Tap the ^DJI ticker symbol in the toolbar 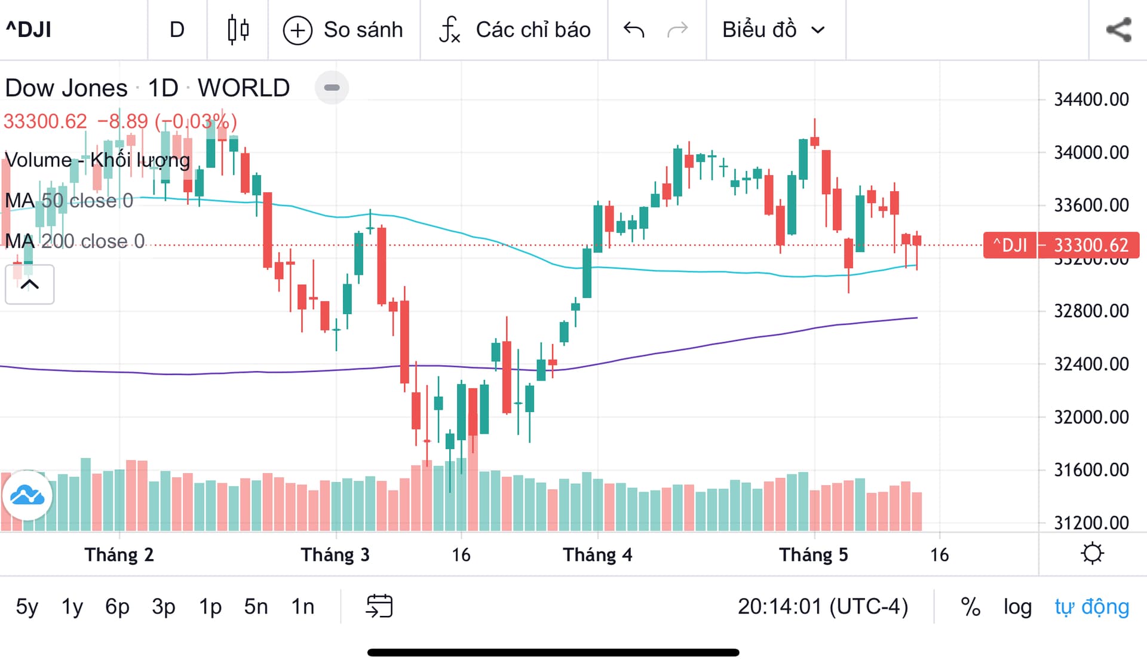(29, 29)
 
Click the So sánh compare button (344, 30)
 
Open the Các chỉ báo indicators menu (514, 30)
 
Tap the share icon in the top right (1118, 30)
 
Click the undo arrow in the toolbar (633, 29)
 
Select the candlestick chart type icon (238, 29)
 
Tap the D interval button (177, 29)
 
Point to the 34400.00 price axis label (1091, 99)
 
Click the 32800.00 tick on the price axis (1091, 311)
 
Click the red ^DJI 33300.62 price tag (1061, 245)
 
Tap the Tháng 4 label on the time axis (597, 555)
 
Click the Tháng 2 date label (119, 555)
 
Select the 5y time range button (27, 607)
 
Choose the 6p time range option (117, 607)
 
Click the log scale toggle (1017, 607)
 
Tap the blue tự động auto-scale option (1091, 607)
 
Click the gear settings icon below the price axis (1092, 554)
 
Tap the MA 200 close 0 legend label (75, 241)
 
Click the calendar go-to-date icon (379, 606)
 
